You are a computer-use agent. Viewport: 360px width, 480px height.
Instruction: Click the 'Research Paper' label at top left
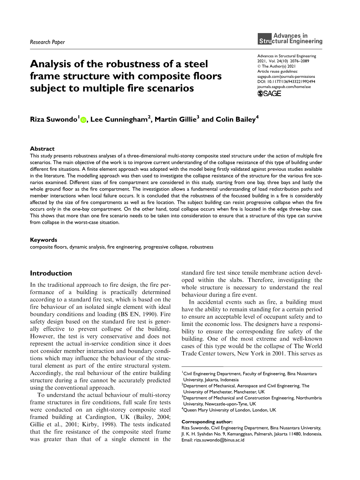point(47,42)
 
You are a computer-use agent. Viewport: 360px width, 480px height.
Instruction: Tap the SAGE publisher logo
point(269,94)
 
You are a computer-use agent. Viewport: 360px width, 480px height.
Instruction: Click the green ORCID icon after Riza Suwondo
point(83,120)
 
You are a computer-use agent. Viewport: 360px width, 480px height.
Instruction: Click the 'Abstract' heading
point(42,149)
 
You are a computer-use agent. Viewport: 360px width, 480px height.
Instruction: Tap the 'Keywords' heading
point(44,240)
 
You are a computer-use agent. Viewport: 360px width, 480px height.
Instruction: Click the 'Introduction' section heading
point(51,273)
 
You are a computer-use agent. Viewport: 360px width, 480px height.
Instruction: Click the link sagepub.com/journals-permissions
point(286,77)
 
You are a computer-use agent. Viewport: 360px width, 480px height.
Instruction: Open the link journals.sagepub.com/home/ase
point(284,87)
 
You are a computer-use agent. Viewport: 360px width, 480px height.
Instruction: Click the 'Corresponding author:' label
point(207,422)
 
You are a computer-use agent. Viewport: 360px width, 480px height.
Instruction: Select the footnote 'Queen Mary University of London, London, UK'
point(230,410)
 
